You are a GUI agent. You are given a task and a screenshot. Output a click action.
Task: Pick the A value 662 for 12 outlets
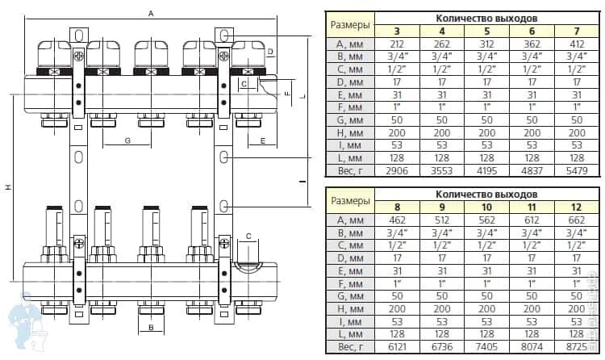point(580,220)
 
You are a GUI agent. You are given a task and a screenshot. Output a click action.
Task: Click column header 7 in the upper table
point(580,30)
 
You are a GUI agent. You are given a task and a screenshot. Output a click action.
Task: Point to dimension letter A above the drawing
point(150,14)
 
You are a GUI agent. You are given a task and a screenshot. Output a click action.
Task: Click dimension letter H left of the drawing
point(8,187)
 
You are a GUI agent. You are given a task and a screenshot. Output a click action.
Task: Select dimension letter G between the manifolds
point(127,141)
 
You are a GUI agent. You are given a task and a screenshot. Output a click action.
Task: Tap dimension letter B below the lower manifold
point(150,328)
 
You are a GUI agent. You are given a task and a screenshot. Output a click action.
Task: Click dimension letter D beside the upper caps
point(271,52)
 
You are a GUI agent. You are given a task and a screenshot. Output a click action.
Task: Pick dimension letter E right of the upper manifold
point(263,141)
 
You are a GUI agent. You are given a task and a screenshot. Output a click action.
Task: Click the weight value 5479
point(580,170)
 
